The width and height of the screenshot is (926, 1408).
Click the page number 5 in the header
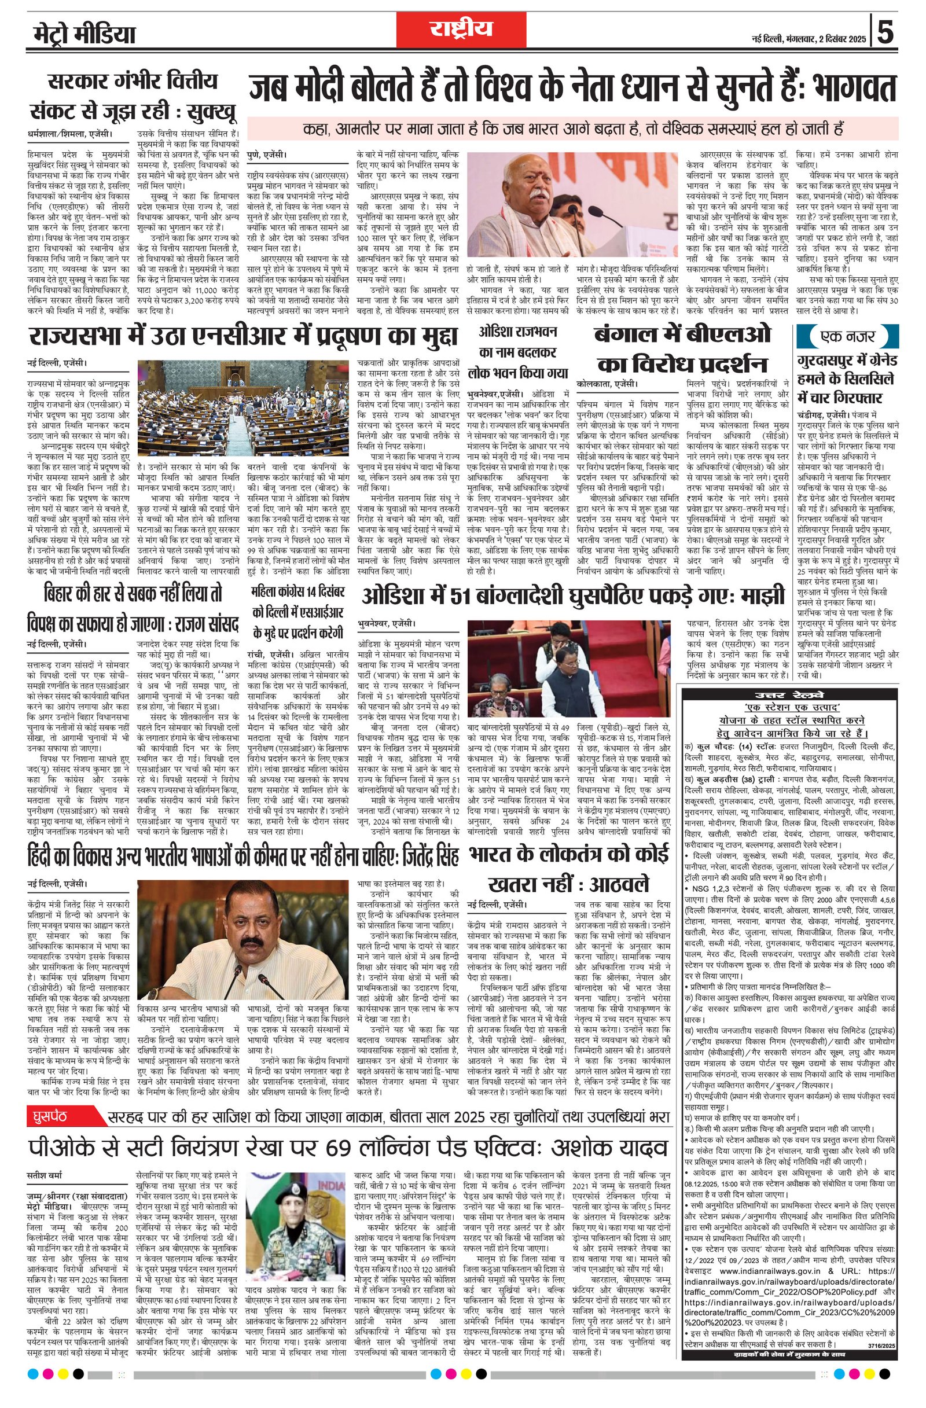pos(885,32)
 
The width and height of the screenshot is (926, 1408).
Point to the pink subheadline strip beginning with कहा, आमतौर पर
pos(572,128)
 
